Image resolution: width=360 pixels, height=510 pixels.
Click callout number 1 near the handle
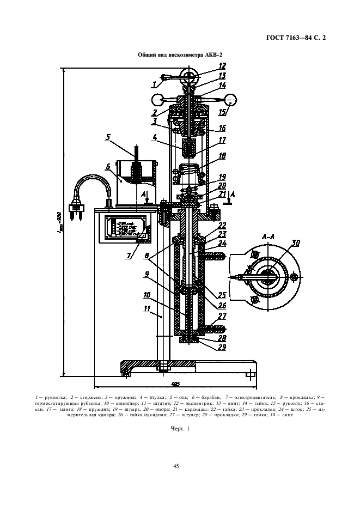(155, 84)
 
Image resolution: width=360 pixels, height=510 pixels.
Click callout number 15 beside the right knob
(222, 113)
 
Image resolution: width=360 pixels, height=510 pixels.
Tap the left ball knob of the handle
(157, 100)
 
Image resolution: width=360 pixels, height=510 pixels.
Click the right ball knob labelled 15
(231, 100)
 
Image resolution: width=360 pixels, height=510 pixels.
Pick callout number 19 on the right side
(222, 177)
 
